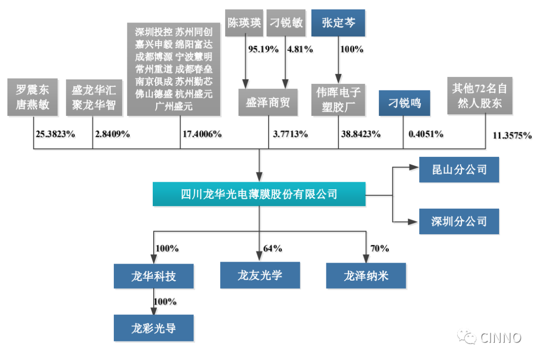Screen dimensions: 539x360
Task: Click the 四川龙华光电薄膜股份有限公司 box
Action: (x=259, y=194)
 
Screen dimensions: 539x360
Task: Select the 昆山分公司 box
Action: (x=459, y=169)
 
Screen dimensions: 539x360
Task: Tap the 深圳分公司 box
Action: (x=459, y=221)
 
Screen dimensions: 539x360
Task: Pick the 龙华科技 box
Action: (x=154, y=276)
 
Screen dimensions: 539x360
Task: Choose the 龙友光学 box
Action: (x=260, y=275)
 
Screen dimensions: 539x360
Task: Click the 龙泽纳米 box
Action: (x=366, y=276)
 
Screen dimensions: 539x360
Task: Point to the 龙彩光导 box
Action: (x=154, y=328)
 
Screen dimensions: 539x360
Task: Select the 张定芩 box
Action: (x=338, y=22)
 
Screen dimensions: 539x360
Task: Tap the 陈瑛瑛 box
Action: (x=244, y=22)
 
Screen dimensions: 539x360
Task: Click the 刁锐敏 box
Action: (x=286, y=22)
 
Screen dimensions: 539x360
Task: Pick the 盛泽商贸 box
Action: (x=268, y=102)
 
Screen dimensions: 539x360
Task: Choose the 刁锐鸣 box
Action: (x=404, y=103)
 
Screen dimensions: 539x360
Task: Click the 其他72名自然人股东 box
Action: (x=480, y=95)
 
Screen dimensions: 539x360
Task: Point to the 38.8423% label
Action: (x=361, y=134)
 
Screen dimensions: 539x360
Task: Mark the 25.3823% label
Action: (x=55, y=134)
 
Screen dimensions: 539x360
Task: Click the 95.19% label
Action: (x=264, y=49)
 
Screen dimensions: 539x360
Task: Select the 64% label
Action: (x=272, y=248)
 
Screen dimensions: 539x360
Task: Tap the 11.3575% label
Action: (x=512, y=135)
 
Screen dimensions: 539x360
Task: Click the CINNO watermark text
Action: (x=501, y=338)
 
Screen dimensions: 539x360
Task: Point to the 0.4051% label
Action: (x=426, y=134)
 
